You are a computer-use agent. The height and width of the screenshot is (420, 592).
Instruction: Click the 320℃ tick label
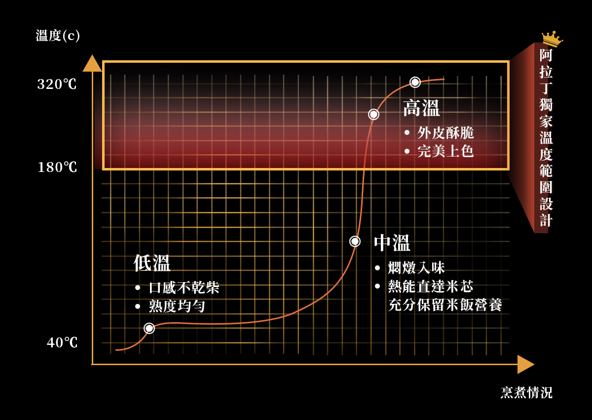coord(57,84)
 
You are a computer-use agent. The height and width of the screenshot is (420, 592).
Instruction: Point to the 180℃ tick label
coord(57,168)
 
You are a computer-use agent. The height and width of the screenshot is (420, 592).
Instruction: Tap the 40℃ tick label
coord(62,342)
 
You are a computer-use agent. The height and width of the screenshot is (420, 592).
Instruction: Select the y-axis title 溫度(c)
coord(58,36)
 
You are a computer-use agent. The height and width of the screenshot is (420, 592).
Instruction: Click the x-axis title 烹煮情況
coord(526,393)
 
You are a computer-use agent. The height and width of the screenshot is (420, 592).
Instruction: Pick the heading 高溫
coord(421,108)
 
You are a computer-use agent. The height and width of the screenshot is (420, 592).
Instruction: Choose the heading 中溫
coord(392,243)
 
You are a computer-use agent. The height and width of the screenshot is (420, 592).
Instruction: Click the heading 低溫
coord(152,263)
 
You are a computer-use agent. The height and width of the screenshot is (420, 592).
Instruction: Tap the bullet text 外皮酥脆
coord(445,132)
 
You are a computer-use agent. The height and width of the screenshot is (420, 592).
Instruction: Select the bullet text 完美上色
coord(445,151)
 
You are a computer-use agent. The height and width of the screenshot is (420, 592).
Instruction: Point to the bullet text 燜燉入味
coord(416,268)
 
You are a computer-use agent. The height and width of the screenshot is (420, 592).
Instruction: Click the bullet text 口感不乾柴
coord(184,288)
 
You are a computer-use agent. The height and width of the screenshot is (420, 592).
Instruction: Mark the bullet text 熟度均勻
coord(177,306)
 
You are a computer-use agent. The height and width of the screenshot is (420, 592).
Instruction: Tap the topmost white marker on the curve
coord(415,82)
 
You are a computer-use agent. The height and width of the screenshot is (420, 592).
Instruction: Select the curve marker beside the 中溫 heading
coord(355,241)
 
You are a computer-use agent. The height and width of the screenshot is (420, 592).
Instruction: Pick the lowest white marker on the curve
coord(149,328)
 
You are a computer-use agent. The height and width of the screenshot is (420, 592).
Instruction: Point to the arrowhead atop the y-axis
coord(92,64)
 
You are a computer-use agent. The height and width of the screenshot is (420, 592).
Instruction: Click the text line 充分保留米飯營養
coord(445,305)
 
